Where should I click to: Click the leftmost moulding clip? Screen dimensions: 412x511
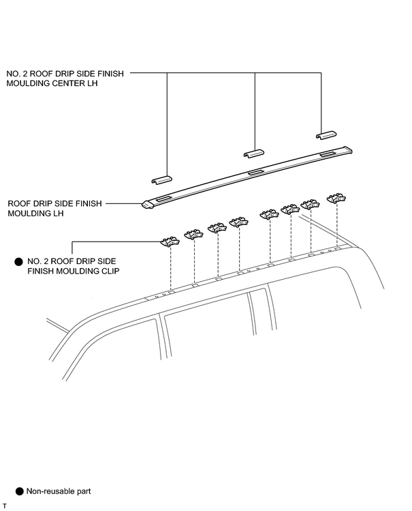170,242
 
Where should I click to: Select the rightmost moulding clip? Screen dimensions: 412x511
336,198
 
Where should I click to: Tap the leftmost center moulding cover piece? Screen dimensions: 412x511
161,179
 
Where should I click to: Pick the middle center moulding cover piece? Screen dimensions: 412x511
253,154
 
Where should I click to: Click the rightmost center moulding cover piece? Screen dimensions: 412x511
326,135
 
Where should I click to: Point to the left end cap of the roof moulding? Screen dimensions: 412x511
148,205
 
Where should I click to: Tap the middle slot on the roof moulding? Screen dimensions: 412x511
257,172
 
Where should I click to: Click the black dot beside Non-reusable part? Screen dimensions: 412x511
20,491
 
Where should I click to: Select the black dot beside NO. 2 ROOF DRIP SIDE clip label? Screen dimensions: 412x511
19,262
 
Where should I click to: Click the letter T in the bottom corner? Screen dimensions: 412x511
5,506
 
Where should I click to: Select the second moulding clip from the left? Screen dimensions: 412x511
194,234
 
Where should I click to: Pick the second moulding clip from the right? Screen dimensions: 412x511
311,204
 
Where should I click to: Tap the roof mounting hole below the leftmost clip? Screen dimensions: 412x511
172,291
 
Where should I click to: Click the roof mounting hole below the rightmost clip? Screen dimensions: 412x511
338,248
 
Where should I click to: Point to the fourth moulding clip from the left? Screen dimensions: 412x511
239,222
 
